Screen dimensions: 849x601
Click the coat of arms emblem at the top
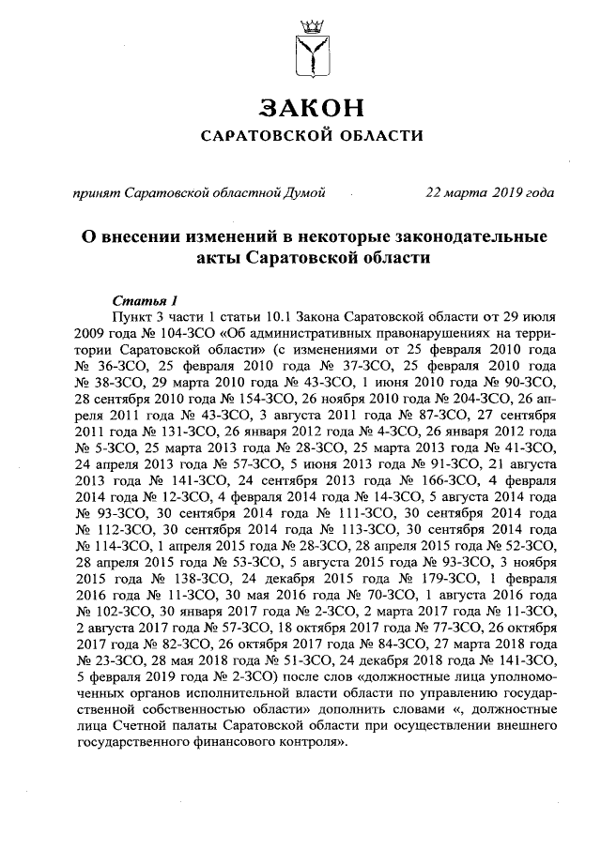(311, 48)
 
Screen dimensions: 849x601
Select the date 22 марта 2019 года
(488, 193)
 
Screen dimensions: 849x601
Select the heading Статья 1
(145, 301)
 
